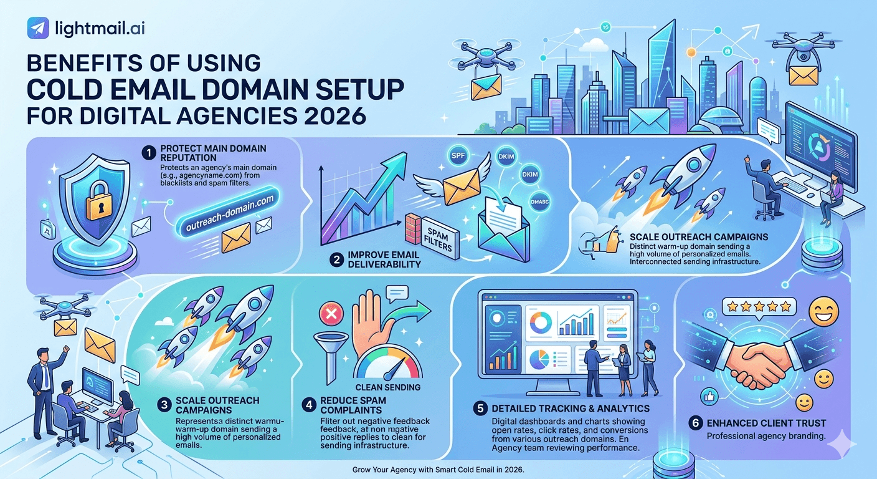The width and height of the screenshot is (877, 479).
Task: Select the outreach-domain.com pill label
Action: click(x=229, y=214)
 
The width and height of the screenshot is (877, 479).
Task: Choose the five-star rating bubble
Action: click(x=759, y=306)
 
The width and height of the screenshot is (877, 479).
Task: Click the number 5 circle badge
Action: click(x=480, y=409)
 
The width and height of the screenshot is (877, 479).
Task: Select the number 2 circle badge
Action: click(x=337, y=260)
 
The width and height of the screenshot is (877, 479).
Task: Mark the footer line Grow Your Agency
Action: click(x=438, y=469)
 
